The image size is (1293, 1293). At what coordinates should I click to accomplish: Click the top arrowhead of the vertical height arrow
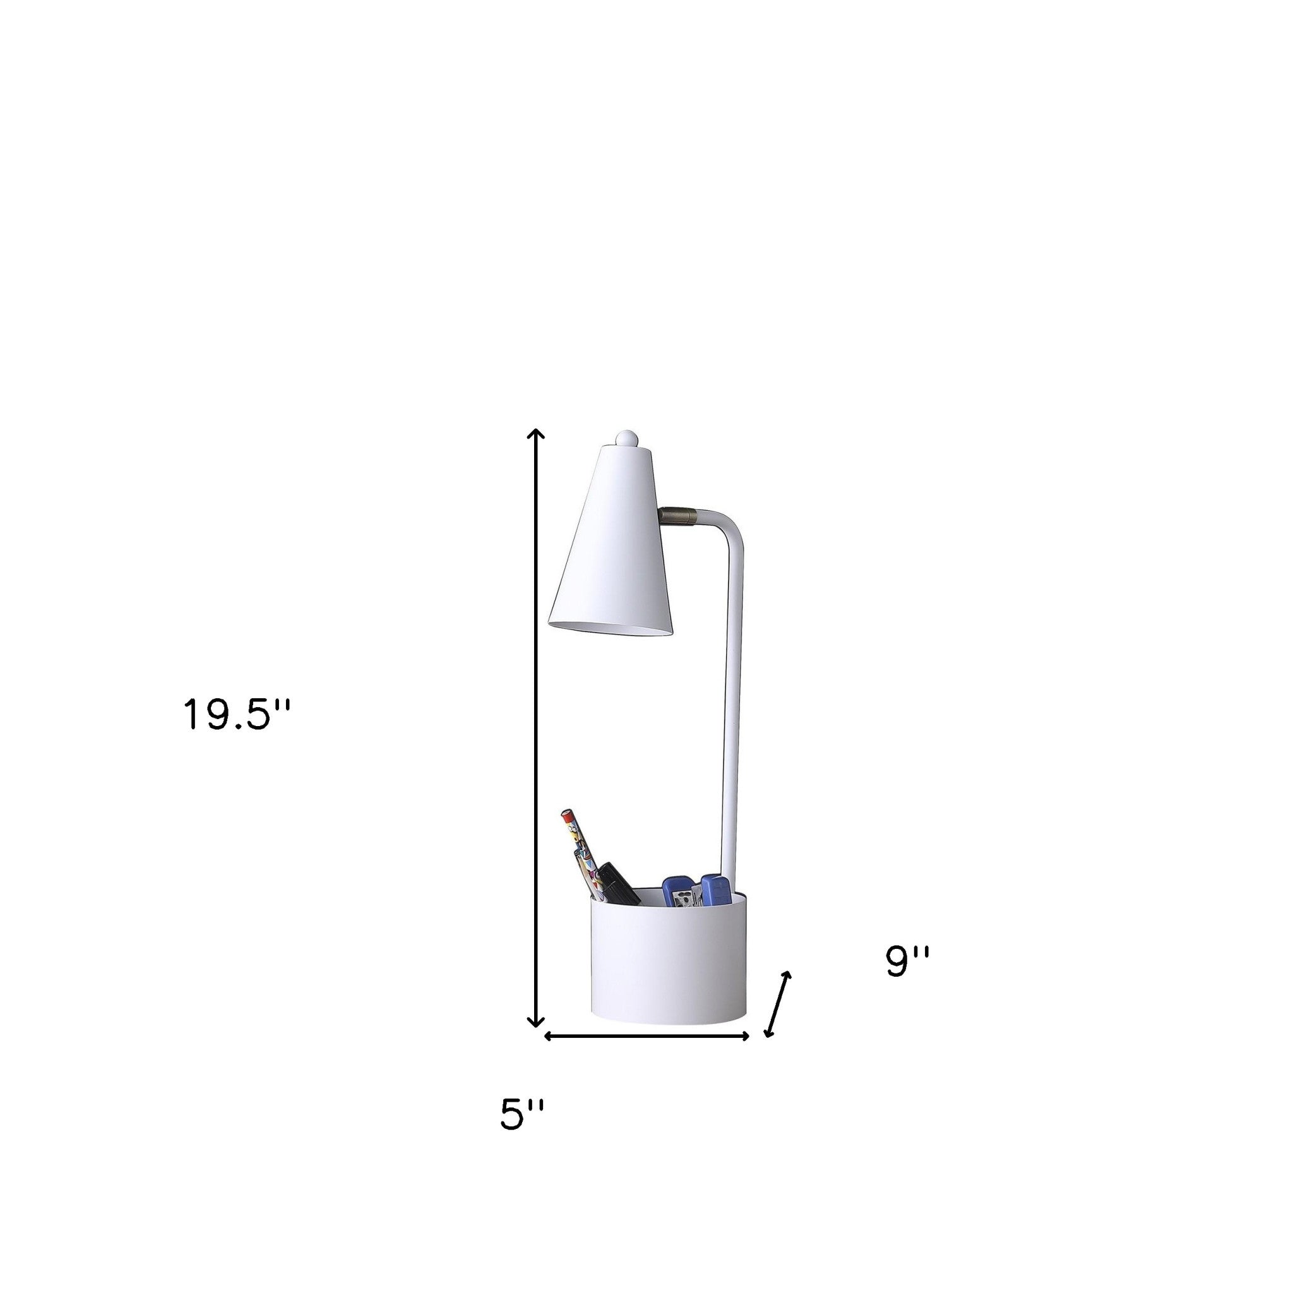coord(535,435)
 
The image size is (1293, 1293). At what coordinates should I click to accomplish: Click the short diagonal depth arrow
coord(778,1014)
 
